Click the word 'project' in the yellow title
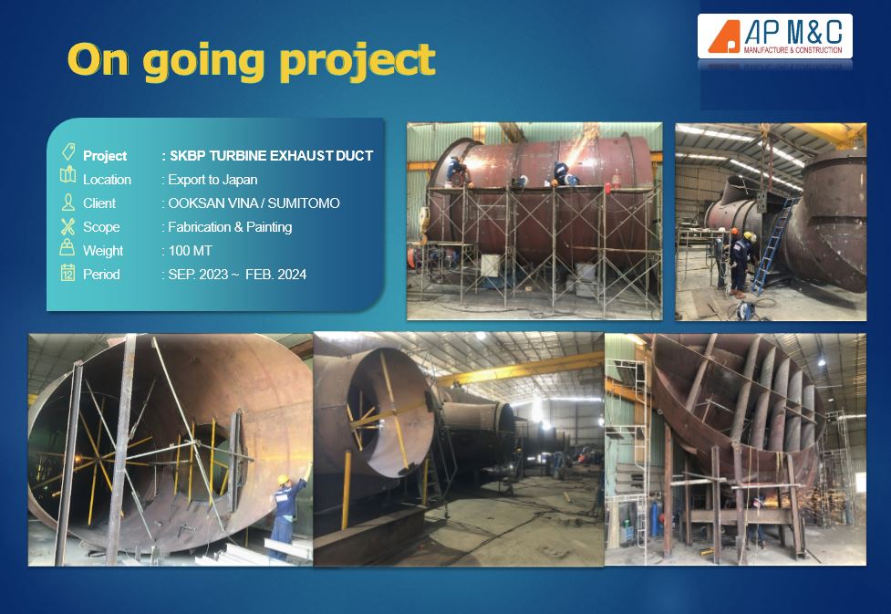(358, 61)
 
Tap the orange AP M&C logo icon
(724, 37)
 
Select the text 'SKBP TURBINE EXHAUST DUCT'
(272, 156)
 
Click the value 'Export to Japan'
(212, 180)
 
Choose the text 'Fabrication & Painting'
(230, 227)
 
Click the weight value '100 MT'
(190, 251)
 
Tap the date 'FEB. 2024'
(275, 275)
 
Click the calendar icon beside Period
(67, 273)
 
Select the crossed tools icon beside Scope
(67, 226)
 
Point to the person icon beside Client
(67, 203)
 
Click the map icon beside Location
(67, 175)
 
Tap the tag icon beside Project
(68, 151)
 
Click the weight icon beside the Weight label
(67, 248)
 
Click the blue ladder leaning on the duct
(772, 245)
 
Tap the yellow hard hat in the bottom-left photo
(283, 480)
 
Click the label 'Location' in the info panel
(107, 180)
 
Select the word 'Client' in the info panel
(98, 203)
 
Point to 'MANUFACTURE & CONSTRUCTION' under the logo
(793, 50)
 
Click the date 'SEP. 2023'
(198, 275)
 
